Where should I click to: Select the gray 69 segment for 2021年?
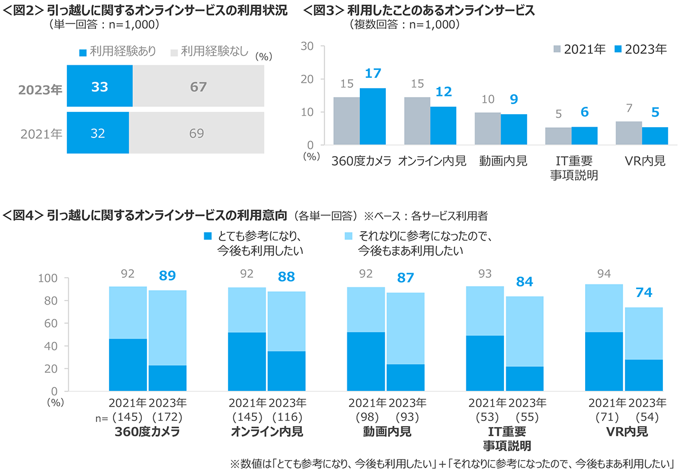(x=197, y=133)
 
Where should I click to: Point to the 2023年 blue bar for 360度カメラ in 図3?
(x=373, y=117)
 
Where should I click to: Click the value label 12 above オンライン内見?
(x=443, y=91)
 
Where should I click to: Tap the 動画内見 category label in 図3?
(x=501, y=161)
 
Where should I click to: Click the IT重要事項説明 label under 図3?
(x=571, y=168)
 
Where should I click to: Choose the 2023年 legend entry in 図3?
(x=640, y=49)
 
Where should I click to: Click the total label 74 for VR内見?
(x=644, y=293)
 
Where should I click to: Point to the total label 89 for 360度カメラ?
(x=167, y=275)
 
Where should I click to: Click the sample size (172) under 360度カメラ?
(x=167, y=417)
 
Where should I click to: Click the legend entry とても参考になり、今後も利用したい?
(x=253, y=243)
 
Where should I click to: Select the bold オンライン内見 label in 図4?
(x=267, y=432)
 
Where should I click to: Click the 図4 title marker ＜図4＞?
(x=23, y=216)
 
